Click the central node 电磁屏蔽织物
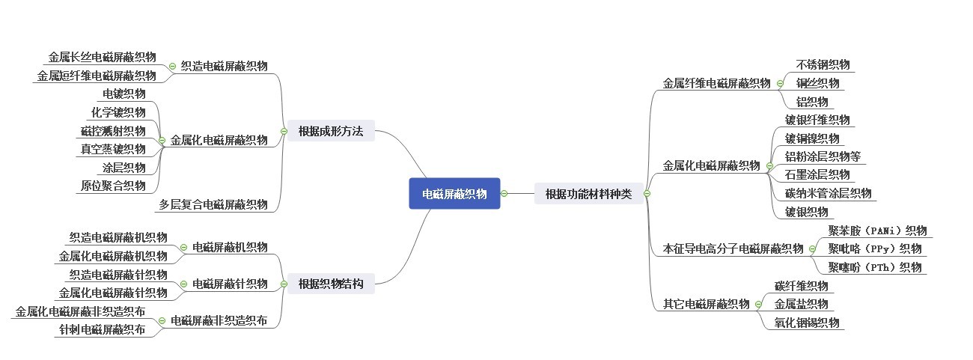(x=454, y=194)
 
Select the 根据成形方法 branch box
(x=330, y=131)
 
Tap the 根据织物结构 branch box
(x=330, y=284)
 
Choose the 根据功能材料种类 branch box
(x=588, y=194)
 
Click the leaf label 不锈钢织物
(x=823, y=64)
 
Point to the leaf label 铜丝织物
(x=817, y=83)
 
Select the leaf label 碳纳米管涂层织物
(x=828, y=193)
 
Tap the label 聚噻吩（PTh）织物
(x=874, y=266)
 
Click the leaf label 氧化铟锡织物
(x=807, y=323)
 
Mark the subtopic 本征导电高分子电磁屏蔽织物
(x=733, y=248)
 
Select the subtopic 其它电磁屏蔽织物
(x=706, y=304)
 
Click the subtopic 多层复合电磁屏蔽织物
(x=213, y=204)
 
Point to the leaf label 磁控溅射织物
(x=113, y=131)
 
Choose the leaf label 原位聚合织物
(x=113, y=186)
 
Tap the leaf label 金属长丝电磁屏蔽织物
(x=103, y=57)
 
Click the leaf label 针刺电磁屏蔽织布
(x=103, y=329)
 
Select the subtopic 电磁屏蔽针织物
(x=230, y=284)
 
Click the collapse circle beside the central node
(x=504, y=194)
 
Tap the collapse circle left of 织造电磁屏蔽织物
(x=172, y=66)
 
